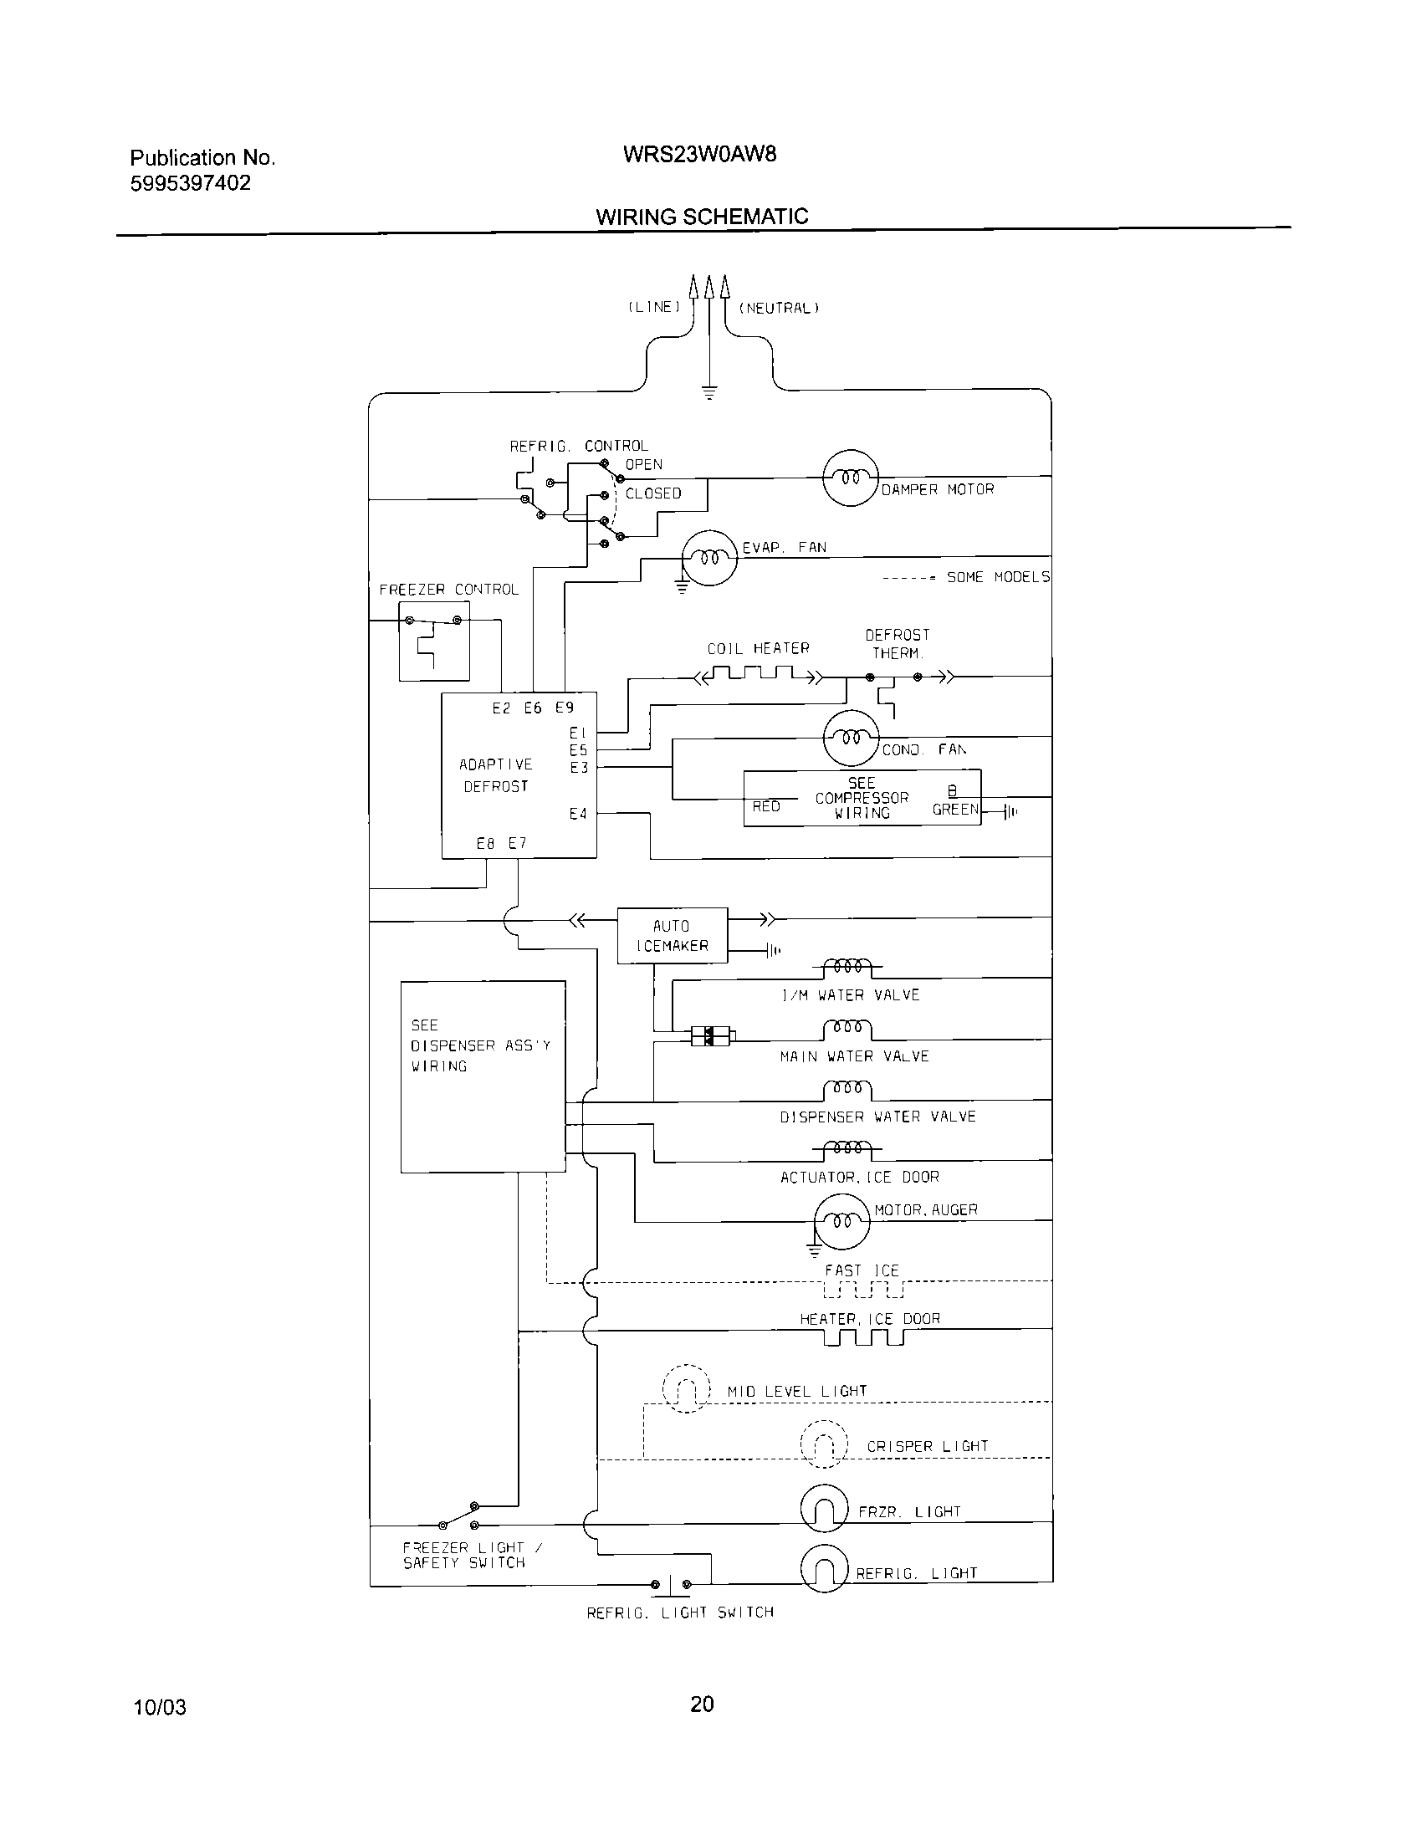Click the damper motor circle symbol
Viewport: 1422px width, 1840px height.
click(x=850, y=478)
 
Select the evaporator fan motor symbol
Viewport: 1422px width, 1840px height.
click(x=709, y=558)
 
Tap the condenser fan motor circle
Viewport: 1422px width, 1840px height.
click(x=850, y=738)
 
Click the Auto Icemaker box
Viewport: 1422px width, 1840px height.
click(x=673, y=935)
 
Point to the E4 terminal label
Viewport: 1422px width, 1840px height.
click(x=577, y=814)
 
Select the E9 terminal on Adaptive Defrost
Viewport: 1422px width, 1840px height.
click(x=565, y=708)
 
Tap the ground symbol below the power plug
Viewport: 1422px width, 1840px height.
click(x=708, y=391)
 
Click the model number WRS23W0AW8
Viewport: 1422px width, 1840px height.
click(x=699, y=154)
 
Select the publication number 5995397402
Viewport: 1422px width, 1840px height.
click(x=191, y=184)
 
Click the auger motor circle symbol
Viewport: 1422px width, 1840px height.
click(x=841, y=1221)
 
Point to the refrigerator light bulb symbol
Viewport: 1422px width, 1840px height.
click(x=824, y=1569)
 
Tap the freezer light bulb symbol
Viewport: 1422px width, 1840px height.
click(x=824, y=1508)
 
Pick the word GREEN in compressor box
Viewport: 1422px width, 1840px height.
click(x=955, y=810)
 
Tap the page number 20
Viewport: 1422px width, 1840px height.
click(x=702, y=1705)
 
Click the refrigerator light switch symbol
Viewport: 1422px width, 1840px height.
click(x=672, y=1585)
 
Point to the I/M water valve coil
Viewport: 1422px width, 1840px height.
click(x=847, y=965)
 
